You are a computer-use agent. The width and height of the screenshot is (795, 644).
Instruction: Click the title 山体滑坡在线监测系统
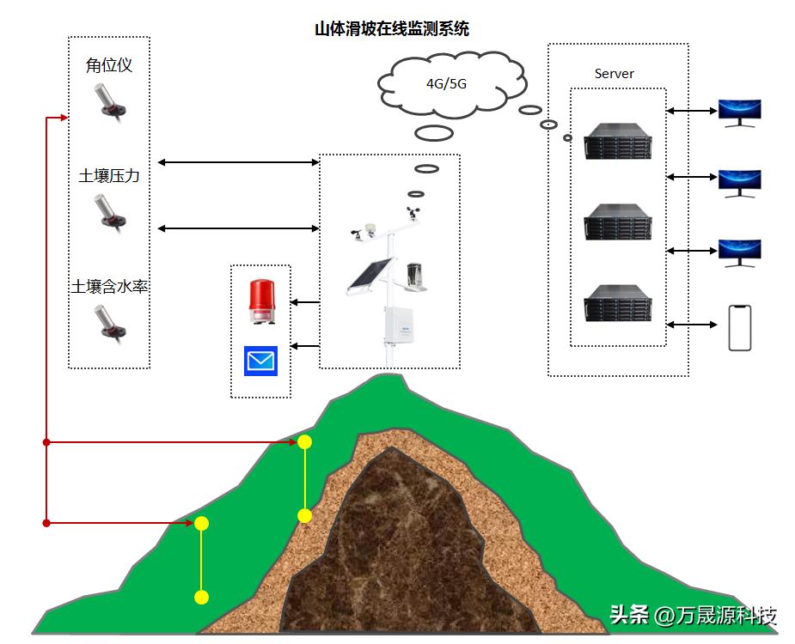click(x=392, y=29)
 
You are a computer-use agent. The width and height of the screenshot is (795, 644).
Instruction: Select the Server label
click(x=614, y=74)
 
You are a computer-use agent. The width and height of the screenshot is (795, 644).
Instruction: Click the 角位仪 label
click(x=109, y=65)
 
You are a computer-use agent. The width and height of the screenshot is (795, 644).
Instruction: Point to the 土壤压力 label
click(x=109, y=176)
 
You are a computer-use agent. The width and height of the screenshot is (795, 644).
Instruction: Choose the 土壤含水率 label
click(x=109, y=286)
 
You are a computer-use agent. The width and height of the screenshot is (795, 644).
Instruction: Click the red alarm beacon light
click(x=260, y=302)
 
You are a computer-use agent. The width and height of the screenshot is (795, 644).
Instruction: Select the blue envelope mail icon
click(x=260, y=361)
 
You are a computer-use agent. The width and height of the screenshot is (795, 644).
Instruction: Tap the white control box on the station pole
click(x=401, y=321)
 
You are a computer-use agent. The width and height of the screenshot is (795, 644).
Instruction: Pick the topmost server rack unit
click(x=618, y=142)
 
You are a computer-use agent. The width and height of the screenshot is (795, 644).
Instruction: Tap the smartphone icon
click(x=740, y=327)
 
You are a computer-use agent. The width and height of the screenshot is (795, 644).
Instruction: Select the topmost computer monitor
click(x=740, y=112)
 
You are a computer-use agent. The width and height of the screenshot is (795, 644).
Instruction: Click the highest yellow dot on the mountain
click(x=304, y=441)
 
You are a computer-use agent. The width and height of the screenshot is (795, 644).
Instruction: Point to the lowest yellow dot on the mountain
click(x=201, y=597)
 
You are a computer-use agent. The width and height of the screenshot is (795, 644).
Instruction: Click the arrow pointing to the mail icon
click(x=305, y=346)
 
